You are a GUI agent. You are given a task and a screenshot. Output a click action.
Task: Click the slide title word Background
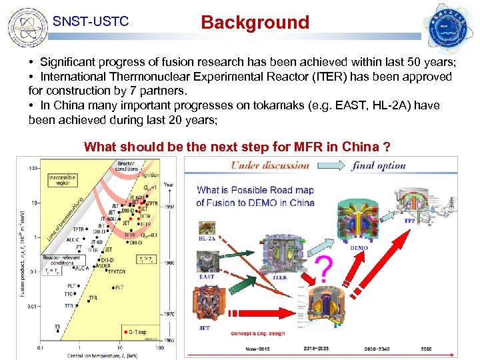(x=255, y=23)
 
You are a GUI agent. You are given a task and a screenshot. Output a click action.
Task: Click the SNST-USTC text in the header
(x=90, y=23)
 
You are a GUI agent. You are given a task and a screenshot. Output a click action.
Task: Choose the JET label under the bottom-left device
(x=204, y=328)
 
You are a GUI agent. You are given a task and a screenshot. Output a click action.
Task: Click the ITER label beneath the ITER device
(x=279, y=278)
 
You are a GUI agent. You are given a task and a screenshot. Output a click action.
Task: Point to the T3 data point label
(x=58, y=327)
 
